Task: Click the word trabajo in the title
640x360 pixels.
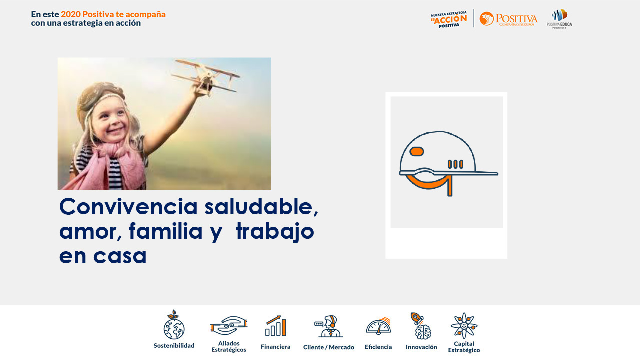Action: click(x=275, y=231)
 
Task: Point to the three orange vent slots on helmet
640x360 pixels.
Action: click(x=455, y=164)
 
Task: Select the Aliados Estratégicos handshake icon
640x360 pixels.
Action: click(x=229, y=326)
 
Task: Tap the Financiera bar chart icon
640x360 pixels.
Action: click(x=275, y=326)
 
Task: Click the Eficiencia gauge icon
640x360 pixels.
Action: click(x=378, y=326)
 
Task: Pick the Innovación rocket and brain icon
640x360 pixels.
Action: click(x=421, y=326)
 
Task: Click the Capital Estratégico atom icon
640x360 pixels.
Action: click(x=464, y=326)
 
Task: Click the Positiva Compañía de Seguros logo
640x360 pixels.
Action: click(x=508, y=19)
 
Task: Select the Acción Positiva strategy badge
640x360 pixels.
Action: click(x=449, y=19)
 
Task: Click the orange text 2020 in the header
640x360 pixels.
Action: click(x=70, y=14)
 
